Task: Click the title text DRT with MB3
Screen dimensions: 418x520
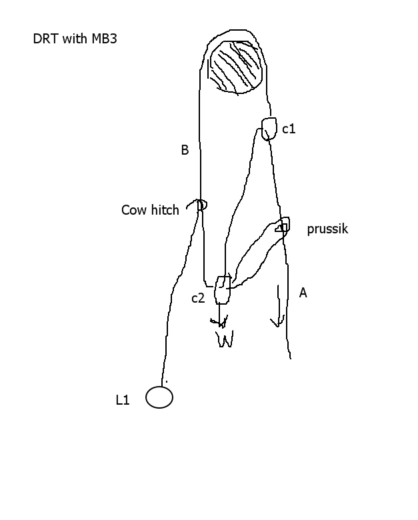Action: point(75,39)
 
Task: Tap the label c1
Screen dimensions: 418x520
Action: point(289,129)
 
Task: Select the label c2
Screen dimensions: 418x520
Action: point(198,299)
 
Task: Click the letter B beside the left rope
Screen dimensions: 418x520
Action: point(185,150)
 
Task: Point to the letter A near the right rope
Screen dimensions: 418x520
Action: point(303,293)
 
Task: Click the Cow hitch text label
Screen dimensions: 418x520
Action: point(150,210)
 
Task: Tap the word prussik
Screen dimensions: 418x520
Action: point(327,229)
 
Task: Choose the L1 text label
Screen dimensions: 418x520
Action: point(123,400)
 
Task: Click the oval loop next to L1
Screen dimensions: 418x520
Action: point(159,387)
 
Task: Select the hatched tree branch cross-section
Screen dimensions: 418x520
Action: point(236,67)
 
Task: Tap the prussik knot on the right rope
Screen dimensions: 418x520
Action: point(283,225)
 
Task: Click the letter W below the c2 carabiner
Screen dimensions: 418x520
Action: point(225,339)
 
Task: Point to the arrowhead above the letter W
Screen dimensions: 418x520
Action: point(219,322)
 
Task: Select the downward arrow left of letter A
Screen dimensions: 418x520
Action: point(278,306)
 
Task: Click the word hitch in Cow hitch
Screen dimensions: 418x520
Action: point(165,210)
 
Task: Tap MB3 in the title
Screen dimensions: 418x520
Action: point(104,39)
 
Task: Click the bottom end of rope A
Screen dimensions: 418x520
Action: point(291,359)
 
